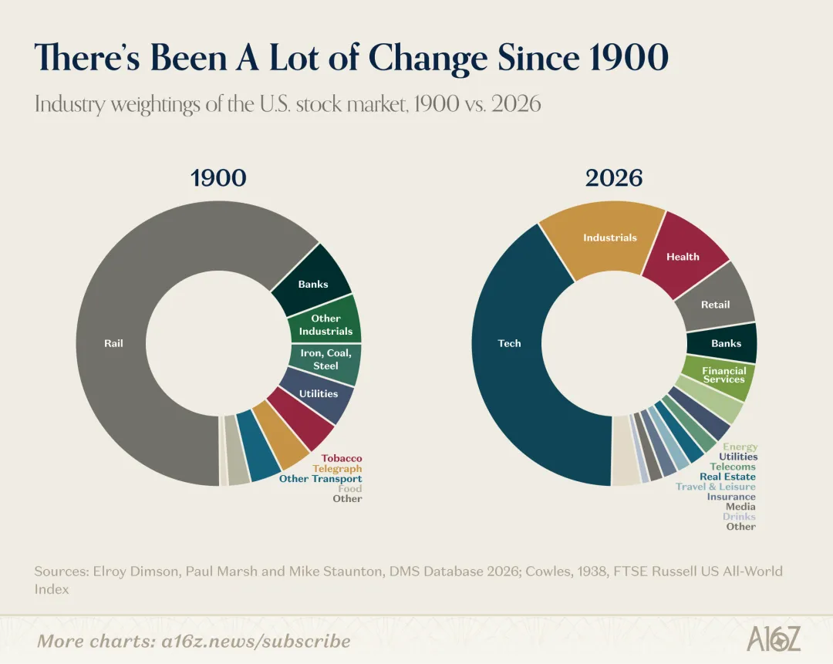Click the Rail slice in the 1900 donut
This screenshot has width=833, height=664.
point(113,343)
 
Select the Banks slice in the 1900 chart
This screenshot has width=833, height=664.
point(313,284)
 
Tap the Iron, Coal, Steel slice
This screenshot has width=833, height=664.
point(325,359)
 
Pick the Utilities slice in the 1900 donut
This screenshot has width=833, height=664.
point(319,393)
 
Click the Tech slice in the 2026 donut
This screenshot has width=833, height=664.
point(509,343)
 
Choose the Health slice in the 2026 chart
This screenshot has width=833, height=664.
point(683,257)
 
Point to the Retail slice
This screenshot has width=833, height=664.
point(716,305)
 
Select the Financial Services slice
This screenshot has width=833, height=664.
point(724,375)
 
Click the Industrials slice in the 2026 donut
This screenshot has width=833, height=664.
point(610,238)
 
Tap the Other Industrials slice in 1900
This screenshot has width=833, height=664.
point(325,325)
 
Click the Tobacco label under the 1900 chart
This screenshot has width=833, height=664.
point(342,458)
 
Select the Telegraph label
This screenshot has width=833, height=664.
point(337,469)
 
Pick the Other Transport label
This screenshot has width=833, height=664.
point(321,479)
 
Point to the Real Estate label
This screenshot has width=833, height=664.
point(728,477)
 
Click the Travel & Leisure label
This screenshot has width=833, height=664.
point(716,487)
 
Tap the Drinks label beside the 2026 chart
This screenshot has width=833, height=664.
point(739,517)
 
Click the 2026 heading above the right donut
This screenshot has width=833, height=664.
point(614,178)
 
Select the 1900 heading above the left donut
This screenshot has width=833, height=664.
point(218,178)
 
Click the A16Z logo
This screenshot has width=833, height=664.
point(774,639)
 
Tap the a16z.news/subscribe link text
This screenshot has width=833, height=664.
point(256,641)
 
